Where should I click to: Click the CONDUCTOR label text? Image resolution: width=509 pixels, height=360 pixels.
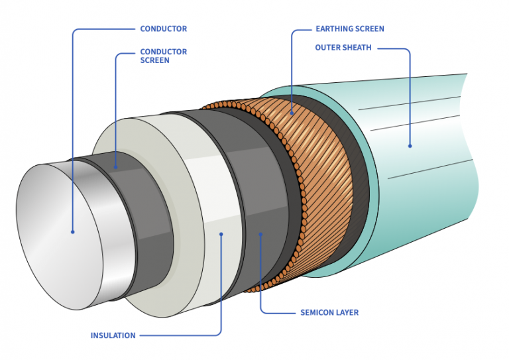tap(163, 29)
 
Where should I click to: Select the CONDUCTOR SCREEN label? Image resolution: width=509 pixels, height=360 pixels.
tap(163, 56)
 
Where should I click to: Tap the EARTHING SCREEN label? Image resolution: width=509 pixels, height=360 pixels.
tap(349, 29)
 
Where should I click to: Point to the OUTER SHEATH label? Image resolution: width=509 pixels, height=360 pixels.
tap(343, 48)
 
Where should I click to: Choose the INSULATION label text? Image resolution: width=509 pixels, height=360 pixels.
tap(113, 335)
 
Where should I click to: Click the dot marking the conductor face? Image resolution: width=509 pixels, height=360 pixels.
tap(73, 231)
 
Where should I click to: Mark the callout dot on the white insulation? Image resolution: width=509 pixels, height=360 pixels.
tap(221, 233)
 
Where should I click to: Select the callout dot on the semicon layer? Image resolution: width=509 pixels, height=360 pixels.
tap(260, 233)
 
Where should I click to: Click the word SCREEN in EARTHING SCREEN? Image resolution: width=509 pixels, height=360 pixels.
tap(370, 29)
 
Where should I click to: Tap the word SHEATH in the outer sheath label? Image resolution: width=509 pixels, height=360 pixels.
tap(358, 48)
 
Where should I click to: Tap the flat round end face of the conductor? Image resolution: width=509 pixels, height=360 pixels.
tap(60, 232)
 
